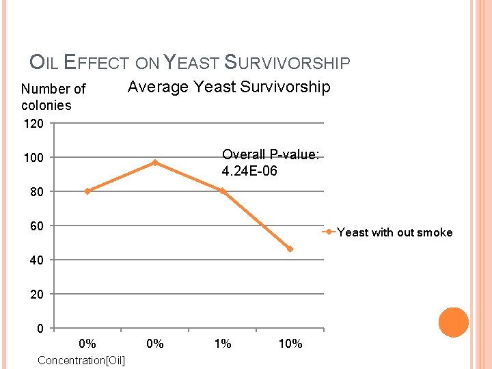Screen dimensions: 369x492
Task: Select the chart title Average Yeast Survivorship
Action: (x=229, y=87)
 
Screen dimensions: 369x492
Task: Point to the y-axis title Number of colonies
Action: (x=53, y=97)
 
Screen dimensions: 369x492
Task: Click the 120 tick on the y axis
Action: (x=33, y=124)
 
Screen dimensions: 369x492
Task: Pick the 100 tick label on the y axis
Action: (x=33, y=158)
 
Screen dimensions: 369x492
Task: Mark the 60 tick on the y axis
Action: (x=37, y=225)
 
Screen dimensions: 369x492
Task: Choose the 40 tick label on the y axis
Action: (x=37, y=260)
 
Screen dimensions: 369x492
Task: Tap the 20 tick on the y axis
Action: (x=37, y=294)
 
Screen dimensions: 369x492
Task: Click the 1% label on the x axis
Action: (x=223, y=344)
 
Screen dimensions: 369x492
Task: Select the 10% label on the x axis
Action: (x=290, y=344)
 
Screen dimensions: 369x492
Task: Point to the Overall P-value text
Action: (x=270, y=155)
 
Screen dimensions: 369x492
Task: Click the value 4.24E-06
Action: (x=249, y=171)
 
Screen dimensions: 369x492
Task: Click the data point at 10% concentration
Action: (x=290, y=249)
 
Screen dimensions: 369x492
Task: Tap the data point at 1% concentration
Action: (x=223, y=191)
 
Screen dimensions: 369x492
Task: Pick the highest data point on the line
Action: (x=155, y=163)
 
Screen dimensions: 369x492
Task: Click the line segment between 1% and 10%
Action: (x=257, y=220)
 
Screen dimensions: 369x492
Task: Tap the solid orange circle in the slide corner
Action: (x=453, y=323)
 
